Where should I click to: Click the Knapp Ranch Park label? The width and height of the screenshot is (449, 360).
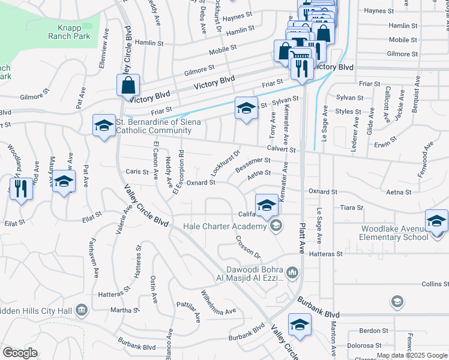[69, 31]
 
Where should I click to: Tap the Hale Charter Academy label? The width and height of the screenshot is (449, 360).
[224, 226]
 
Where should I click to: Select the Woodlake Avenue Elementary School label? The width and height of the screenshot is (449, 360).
[394, 233]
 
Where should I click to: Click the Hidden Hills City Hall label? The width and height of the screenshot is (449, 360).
[35, 310]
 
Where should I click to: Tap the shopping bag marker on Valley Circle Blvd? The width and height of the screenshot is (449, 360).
[128, 86]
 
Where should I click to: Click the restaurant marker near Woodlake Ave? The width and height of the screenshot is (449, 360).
[20, 188]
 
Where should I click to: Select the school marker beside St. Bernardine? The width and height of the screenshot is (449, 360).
[104, 125]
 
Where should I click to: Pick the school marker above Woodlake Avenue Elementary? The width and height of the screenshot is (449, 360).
[436, 220]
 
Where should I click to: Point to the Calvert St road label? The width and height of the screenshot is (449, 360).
[282, 149]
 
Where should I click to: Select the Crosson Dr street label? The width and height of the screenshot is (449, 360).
[247, 245]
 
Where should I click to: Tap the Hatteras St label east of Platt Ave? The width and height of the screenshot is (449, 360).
[327, 254]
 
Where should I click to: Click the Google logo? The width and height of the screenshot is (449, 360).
[20, 353]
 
